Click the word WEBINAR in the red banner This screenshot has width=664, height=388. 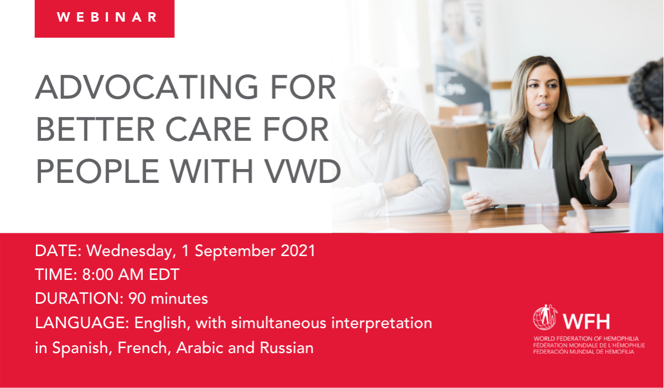point(107,17)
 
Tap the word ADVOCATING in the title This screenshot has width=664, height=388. point(147,87)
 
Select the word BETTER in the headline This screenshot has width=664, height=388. point(95,129)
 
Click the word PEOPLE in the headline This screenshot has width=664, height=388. point(97,171)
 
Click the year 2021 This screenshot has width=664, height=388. point(298,251)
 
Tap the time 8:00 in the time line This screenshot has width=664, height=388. point(97,274)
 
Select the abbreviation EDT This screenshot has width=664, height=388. point(164,274)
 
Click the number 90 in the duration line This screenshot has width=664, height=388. point(137,298)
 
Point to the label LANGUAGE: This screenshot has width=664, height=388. point(82,323)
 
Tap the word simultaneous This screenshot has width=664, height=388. point(279,323)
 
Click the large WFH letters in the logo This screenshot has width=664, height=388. point(586,321)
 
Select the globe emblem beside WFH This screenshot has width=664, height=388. point(544,318)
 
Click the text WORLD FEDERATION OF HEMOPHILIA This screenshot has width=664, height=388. point(586,339)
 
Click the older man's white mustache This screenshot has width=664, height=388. point(380,116)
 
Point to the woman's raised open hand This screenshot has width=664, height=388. point(593,162)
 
